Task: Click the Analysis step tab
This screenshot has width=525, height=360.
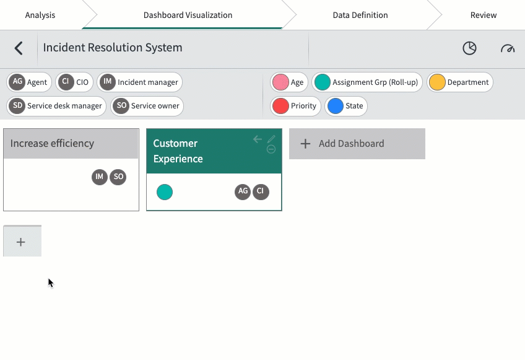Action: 40,15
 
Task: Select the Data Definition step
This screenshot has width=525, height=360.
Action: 360,15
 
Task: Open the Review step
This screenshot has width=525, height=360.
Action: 483,15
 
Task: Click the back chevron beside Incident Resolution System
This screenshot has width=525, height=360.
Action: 19,48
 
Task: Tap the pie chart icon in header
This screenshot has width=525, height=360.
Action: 469,48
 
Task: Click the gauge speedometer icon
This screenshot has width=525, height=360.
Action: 508,48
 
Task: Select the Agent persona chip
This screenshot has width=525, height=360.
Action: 29,82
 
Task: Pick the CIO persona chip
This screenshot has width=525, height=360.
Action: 74,82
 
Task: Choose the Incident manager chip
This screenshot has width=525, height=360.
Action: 140,82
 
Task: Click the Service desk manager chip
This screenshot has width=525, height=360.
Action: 56,106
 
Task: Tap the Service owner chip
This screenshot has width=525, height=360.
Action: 147,106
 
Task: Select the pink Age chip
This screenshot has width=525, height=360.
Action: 289,82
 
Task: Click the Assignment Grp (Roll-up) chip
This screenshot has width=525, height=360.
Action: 367,82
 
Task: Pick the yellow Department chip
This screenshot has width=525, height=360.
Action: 460,82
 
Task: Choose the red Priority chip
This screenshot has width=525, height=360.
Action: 295,106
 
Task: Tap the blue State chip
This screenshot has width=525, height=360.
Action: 346,106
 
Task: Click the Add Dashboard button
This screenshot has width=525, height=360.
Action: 357,144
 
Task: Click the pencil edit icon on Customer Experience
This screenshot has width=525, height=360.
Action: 271,139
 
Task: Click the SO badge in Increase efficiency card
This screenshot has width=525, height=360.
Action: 118,177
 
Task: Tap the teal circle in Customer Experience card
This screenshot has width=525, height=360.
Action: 165,192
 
